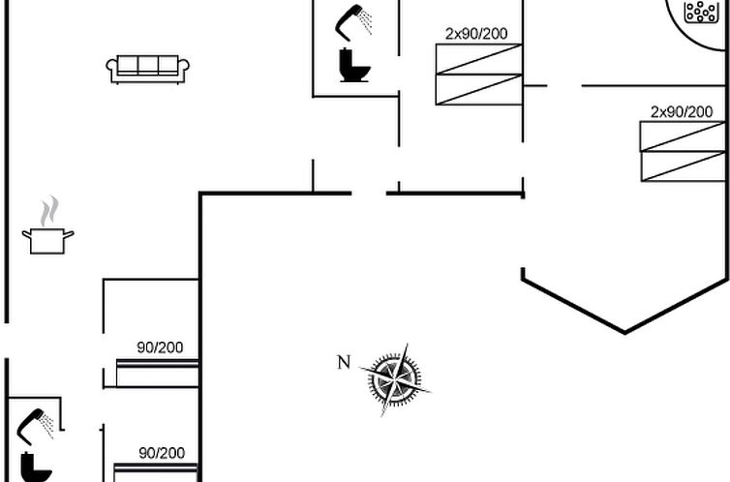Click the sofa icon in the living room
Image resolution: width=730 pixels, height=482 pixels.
(x=147, y=69)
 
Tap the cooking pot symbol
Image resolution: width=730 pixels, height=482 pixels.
(x=47, y=240)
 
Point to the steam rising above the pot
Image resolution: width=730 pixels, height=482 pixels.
(x=48, y=210)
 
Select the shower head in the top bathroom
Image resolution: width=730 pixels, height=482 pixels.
(x=354, y=18)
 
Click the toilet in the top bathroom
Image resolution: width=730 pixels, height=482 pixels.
(x=353, y=66)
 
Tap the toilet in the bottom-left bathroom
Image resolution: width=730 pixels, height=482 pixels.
(x=36, y=467)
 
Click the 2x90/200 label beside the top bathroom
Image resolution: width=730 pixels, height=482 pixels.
(x=476, y=34)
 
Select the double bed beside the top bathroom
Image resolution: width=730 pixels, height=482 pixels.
(x=478, y=74)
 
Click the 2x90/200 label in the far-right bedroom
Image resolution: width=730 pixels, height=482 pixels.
(x=682, y=112)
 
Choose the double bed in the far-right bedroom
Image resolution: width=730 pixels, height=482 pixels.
(x=683, y=151)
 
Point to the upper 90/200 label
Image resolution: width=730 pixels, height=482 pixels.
(x=160, y=347)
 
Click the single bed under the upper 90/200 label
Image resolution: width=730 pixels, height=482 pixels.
(x=157, y=372)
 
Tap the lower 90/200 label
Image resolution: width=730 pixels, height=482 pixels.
(x=162, y=452)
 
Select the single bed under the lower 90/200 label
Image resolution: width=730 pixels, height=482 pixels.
(x=156, y=473)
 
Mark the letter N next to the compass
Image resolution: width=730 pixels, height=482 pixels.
(x=344, y=363)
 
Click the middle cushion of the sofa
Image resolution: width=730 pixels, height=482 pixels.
(x=147, y=65)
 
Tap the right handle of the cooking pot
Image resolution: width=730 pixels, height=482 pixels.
(x=69, y=233)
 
